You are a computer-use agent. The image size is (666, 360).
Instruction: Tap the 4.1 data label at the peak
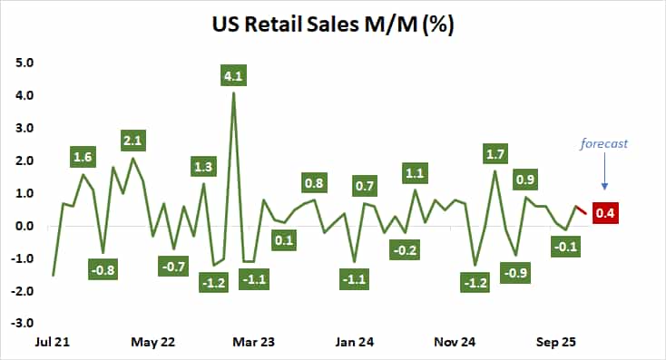[234, 76]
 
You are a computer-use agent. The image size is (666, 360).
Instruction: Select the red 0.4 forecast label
[604, 214]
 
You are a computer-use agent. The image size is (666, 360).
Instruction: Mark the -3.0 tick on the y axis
[23, 322]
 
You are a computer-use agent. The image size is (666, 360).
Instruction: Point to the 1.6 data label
[83, 156]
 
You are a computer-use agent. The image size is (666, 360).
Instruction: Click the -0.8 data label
[103, 268]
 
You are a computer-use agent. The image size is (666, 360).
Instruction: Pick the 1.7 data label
[495, 153]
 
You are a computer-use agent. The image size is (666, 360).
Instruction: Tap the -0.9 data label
[515, 272]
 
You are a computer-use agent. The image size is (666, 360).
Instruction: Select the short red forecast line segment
[581, 211]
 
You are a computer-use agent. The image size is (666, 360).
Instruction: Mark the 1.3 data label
[203, 166]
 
